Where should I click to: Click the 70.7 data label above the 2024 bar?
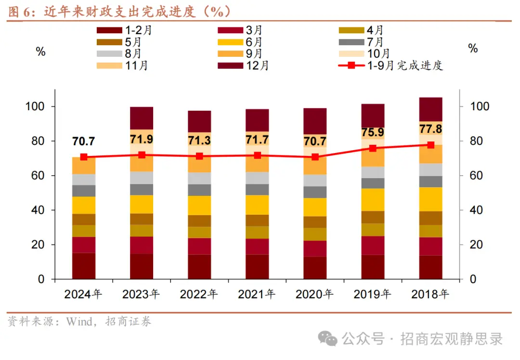tap(84, 141)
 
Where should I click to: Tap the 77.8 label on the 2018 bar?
tap(430, 129)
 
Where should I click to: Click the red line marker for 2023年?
tap(142, 155)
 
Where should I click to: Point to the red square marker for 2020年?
tap(315, 157)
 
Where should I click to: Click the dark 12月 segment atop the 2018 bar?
tap(430, 109)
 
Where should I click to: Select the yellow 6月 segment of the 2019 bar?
tap(373, 199)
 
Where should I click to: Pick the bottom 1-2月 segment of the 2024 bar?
tap(84, 266)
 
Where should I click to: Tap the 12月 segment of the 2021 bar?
tap(257, 120)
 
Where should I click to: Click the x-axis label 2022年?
tap(199, 294)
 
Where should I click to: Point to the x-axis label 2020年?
tap(315, 294)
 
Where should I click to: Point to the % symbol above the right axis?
tap(473, 49)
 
